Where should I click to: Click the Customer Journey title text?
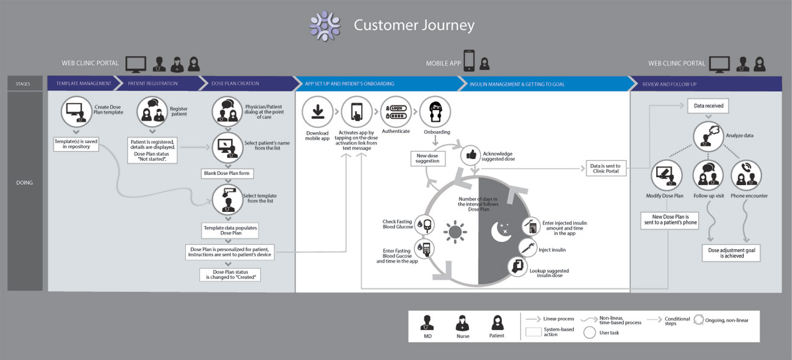click(414, 26)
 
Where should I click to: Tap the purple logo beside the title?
click(324, 26)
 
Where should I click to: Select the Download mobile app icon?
click(317, 112)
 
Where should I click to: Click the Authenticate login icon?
click(396, 111)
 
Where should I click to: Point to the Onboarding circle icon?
click(435, 112)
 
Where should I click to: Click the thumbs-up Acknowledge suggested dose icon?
click(471, 155)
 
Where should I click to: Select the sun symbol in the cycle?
click(455, 232)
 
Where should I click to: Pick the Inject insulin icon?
click(528, 248)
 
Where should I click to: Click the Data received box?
click(709, 106)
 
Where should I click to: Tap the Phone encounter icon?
click(746, 176)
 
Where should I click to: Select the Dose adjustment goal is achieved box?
click(730, 253)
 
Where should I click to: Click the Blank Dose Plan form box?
click(228, 174)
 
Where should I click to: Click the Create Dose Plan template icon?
click(77, 112)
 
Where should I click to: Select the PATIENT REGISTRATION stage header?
click(153, 83)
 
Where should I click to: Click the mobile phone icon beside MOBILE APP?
click(469, 60)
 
